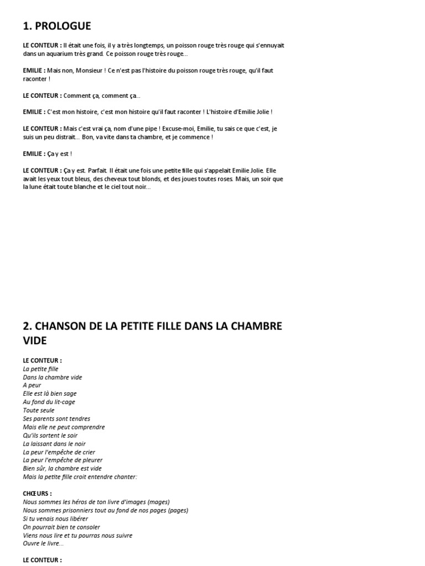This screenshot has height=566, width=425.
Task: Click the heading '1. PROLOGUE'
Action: click(x=57, y=26)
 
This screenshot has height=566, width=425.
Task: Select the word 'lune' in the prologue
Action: click(x=39, y=187)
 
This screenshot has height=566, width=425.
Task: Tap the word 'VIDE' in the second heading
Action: click(x=35, y=341)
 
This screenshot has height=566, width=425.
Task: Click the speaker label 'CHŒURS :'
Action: click(x=38, y=493)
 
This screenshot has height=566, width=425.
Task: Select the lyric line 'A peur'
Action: click(x=32, y=385)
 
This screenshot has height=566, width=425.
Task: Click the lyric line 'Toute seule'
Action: click(x=39, y=410)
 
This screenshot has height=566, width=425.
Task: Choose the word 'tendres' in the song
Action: click(x=79, y=418)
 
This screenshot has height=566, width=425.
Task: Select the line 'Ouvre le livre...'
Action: click(x=43, y=543)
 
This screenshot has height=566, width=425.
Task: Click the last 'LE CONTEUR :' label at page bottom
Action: click(x=43, y=560)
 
